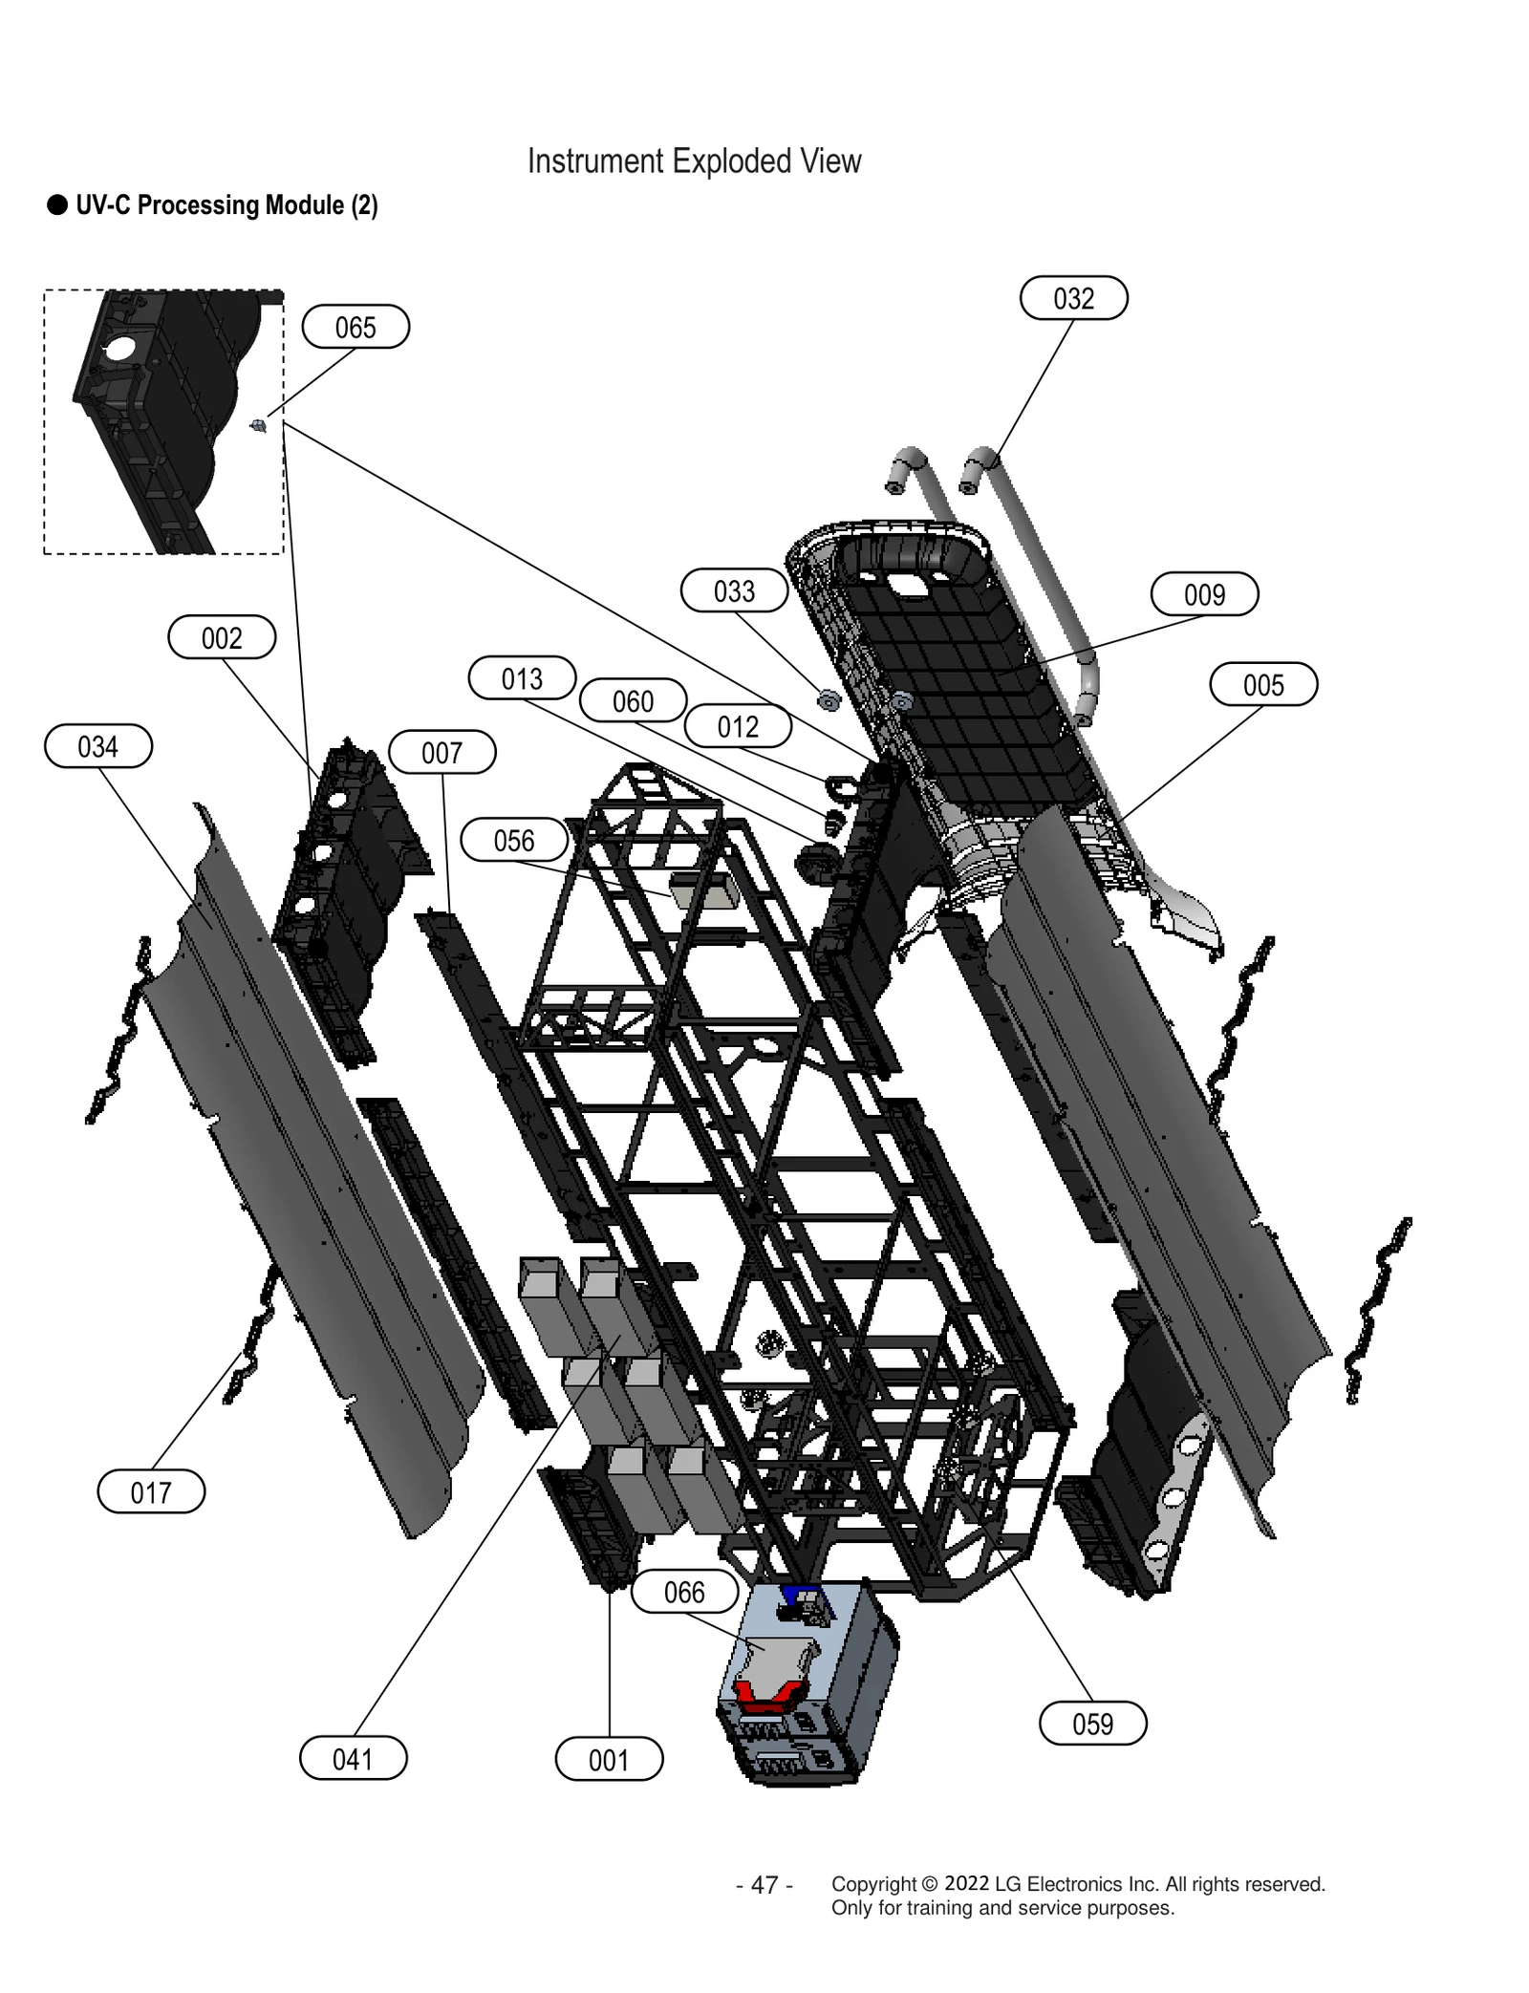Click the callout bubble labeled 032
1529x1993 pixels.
pos(1073,298)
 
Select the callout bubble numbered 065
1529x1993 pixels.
pos(355,327)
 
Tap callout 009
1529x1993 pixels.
pos(1204,594)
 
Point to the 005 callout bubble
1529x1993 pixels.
pos(1263,684)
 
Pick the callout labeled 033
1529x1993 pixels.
pos(734,590)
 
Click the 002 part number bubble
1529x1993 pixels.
pos(222,637)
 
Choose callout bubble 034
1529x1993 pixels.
pos(98,745)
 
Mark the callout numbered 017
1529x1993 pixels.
pos(151,1491)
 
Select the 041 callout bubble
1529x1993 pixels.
pos(353,1758)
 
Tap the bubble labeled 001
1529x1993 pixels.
pos(609,1759)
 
